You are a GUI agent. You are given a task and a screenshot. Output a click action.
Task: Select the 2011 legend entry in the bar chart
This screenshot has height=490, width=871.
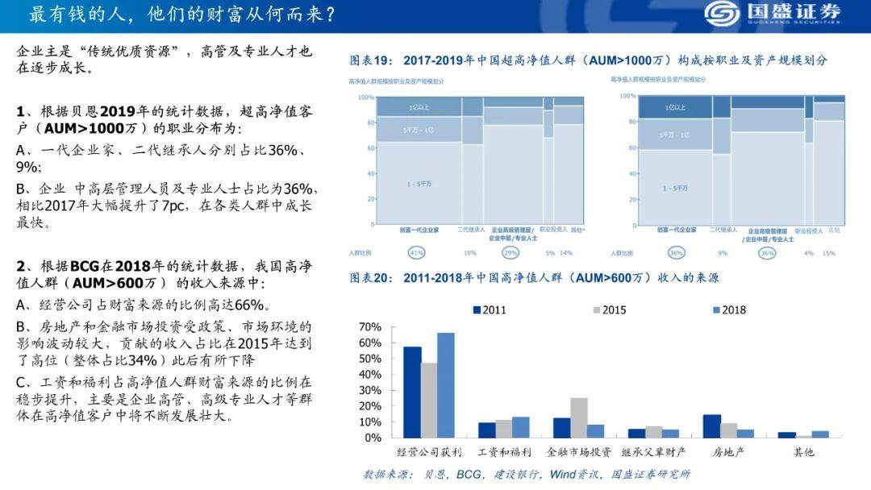click(x=491, y=310)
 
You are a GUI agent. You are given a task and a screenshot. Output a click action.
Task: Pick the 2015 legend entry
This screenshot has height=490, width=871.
click(x=610, y=310)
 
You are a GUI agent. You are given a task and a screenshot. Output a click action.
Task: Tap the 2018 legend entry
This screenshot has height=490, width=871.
click(x=728, y=310)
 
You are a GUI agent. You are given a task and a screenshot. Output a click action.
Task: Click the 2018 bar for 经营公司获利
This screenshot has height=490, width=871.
click(x=446, y=385)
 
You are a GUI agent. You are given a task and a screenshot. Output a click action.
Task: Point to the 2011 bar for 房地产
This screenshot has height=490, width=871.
click(x=712, y=426)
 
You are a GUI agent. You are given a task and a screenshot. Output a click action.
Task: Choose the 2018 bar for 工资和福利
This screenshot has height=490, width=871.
click(x=520, y=427)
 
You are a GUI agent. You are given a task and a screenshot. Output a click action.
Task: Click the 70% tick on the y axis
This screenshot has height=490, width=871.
click(x=369, y=327)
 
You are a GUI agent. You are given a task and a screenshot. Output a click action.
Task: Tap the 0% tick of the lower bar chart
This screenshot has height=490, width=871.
click(x=373, y=438)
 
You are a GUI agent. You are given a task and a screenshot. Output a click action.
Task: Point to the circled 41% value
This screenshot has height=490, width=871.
click(x=417, y=253)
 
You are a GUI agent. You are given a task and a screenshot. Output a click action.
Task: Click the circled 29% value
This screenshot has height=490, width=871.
click(x=511, y=253)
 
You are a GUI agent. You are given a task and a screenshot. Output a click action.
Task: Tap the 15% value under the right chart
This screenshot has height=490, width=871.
click(x=829, y=253)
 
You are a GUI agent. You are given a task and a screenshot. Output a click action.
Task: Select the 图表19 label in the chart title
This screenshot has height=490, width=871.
click(x=371, y=60)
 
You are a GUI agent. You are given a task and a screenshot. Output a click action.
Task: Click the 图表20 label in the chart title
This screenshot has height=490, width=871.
click(x=371, y=278)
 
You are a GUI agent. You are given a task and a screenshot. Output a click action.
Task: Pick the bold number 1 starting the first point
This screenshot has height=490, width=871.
click(x=21, y=110)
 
